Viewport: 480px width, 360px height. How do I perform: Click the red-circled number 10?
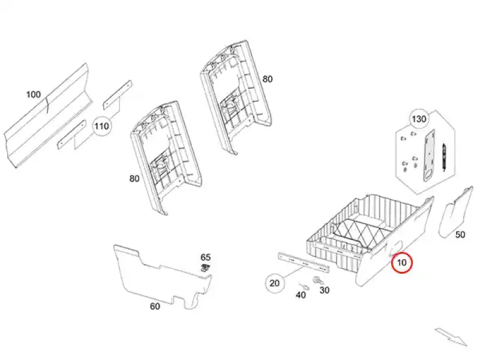pos(401,262)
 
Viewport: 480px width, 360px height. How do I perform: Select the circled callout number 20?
pos(275,284)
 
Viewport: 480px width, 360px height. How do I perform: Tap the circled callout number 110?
pos(101,126)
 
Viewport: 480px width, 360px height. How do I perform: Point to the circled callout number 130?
pos(418,119)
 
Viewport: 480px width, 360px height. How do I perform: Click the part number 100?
pos(34,95)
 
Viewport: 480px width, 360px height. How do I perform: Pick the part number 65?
pos(205,257)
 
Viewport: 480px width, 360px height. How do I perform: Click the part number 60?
pos(155,306)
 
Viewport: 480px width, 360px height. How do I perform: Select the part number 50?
pos(460,235)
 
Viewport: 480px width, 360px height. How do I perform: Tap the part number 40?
pos(301,294)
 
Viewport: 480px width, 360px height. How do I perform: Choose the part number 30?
pos(325,290)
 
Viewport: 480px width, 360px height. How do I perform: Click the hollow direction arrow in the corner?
pos(451,336)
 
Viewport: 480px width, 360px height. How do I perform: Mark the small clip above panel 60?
pos(206,267)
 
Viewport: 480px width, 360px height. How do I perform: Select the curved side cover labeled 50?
pos(457,210)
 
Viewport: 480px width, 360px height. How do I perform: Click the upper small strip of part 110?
pos(117,92)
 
